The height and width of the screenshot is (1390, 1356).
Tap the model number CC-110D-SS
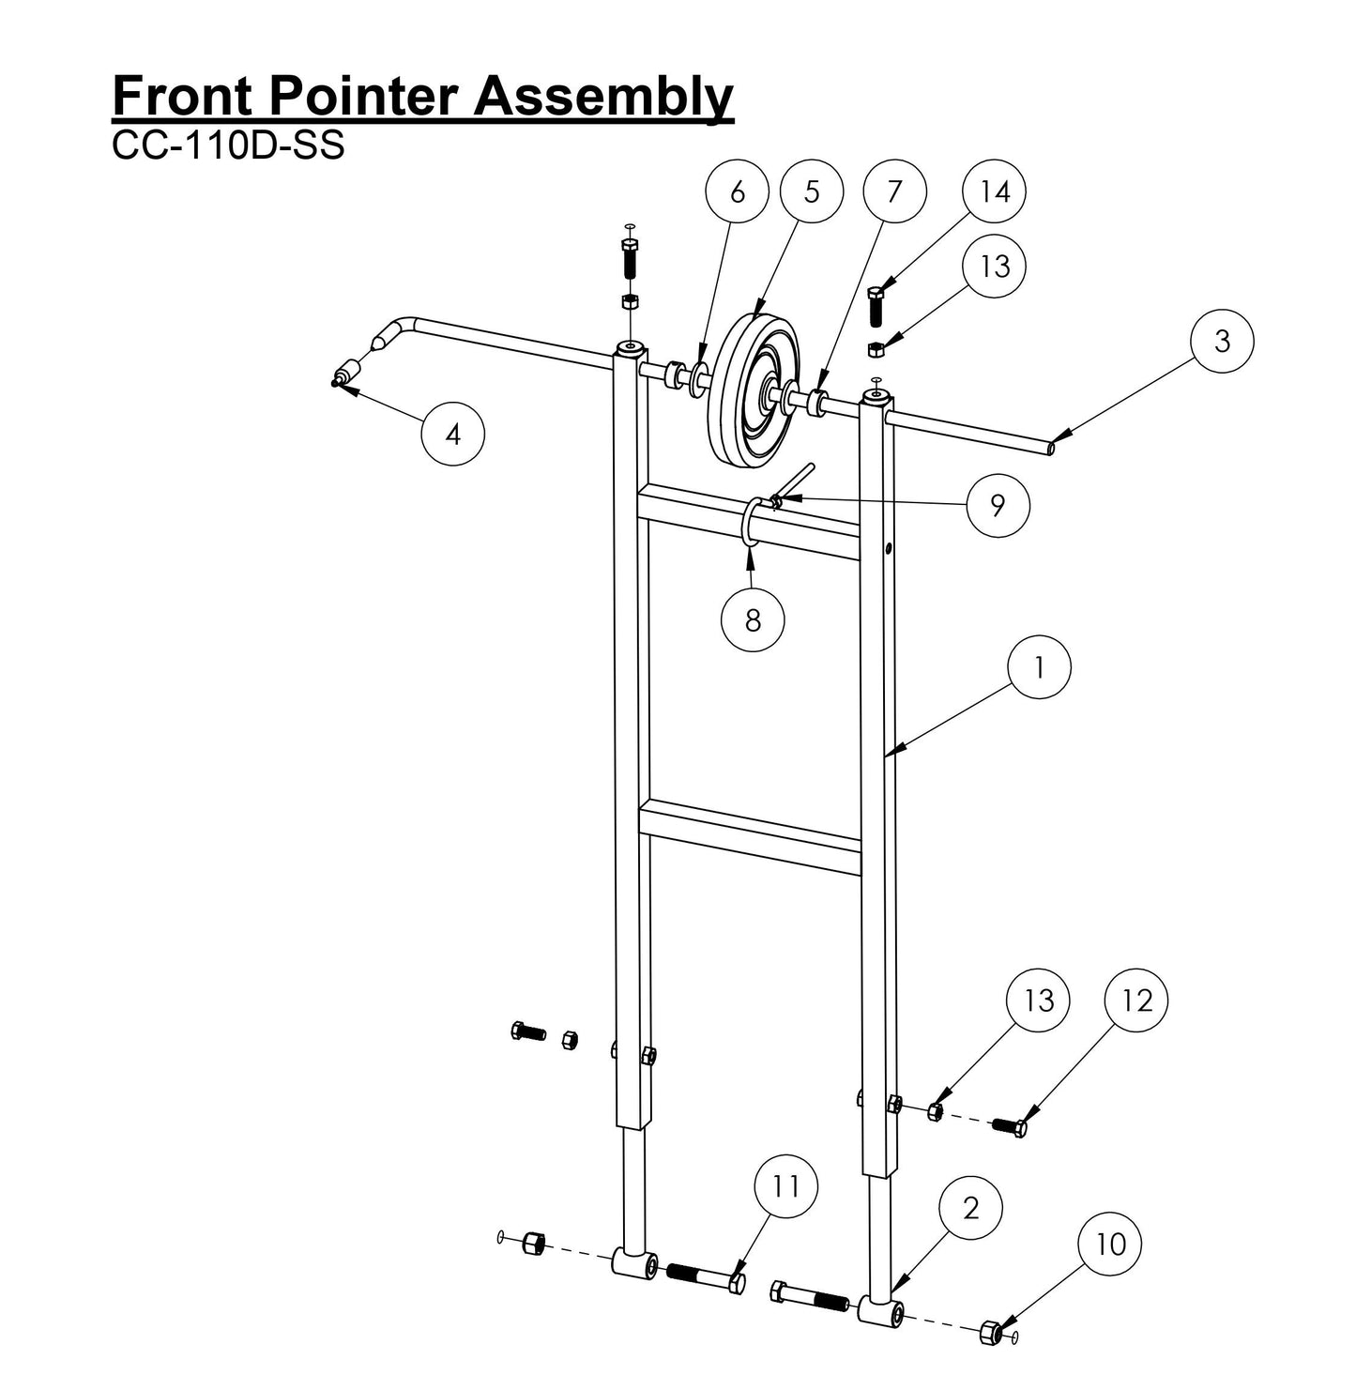click(228, 145)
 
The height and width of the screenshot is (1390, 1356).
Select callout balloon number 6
click(737, 191)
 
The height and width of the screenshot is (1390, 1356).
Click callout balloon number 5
click(812, 191)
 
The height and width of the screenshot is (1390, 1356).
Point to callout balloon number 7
click(894, 191)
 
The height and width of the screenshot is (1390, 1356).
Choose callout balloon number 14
click(995, 191)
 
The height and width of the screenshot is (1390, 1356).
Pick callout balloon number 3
click(1222, 341)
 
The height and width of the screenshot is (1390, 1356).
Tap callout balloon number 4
click(453, 434)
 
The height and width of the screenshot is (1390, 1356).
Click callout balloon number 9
click(997, 505)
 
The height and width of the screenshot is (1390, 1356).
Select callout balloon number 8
click(753, 619)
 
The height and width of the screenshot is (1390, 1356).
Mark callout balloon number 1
click(1039, 667)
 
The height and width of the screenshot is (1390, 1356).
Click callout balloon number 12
click(1135, 1000)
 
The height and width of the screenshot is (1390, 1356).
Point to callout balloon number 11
click(786, 1186)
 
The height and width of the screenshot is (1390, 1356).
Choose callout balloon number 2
click(970, 1207)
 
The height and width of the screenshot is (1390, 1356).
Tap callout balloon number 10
click(1110, 1245)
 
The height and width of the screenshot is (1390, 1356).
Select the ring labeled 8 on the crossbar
click(751, 523)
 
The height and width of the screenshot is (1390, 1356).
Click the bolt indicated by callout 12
click(1010, 1124)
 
